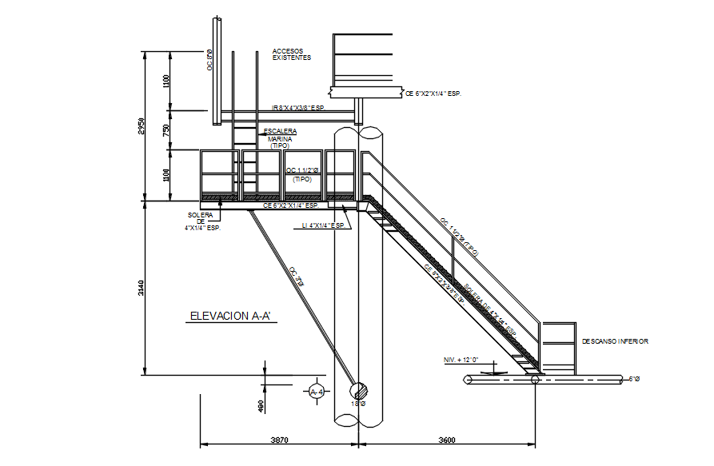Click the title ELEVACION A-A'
click(x=231, y=317)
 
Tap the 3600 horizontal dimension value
click(x=447, y=440)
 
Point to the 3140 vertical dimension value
click(x=142, y=289)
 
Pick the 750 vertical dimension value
click(x=166, y=131)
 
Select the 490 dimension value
click(x=261, y=407)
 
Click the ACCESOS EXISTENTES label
click(x=292, y=54)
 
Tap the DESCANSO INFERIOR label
click(x=615, y=341)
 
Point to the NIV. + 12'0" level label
click(x=462, y=360)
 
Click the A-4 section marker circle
click(x=317, y=392)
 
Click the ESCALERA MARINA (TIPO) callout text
click(x=280, y=138)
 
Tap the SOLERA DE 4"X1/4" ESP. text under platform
click(x=202, y=221)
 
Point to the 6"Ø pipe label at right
click(x=636, y=379)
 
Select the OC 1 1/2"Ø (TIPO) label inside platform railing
click(x=302, y=174)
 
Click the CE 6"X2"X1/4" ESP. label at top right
click(x=434, y=94)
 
